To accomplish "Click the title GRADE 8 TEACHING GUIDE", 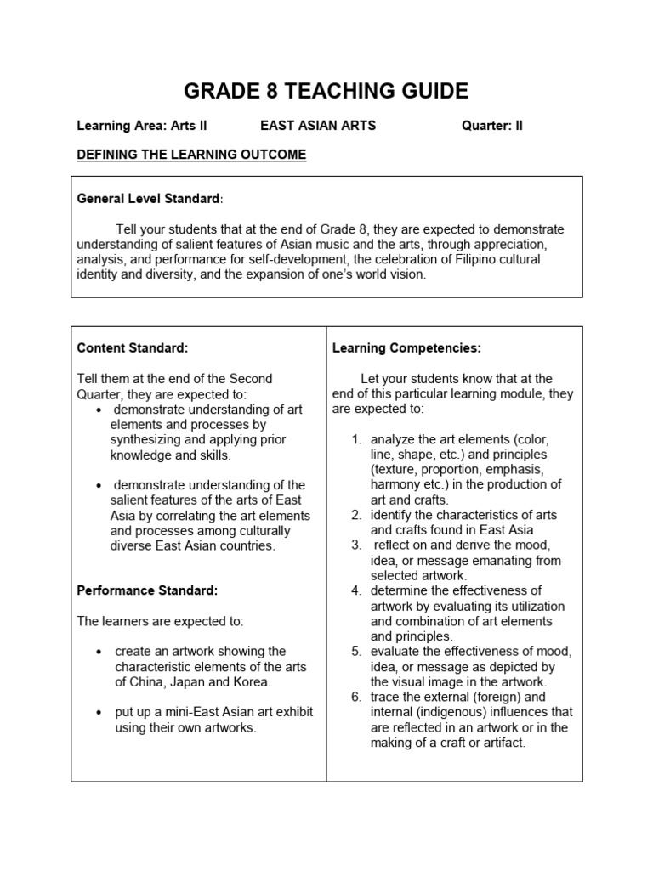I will (326, 91).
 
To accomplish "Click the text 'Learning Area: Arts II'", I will (142, 126).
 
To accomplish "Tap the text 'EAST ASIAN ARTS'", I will (318, 126).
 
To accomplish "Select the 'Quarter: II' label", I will (492, 126).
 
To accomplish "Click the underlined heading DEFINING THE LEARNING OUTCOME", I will (191, 155).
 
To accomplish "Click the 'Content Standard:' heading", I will (132, 347).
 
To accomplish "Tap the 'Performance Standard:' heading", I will (147, 590).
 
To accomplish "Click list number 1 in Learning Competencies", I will (356, 439).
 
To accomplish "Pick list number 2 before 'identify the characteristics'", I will (356, 515).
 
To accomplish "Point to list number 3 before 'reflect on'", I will (356, 545).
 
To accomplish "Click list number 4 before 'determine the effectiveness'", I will (356, 590).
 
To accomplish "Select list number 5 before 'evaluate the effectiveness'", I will (356, 651).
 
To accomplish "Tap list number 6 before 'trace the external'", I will (356, 697).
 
